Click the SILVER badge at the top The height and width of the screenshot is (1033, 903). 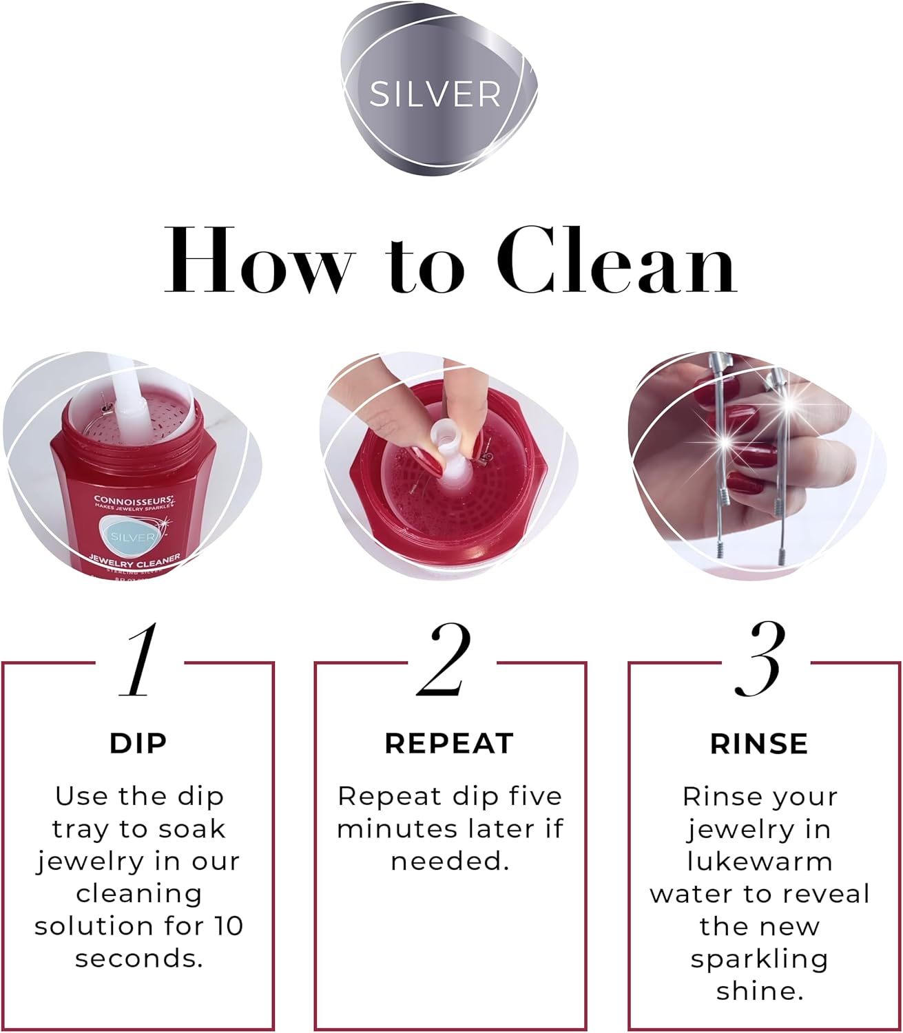pos(435,94)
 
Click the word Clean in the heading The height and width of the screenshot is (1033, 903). pos(616,261)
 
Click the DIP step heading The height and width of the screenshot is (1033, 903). pos(138,744)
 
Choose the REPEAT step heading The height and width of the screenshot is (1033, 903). pos(449,744)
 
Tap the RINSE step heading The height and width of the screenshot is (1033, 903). pos(759,744)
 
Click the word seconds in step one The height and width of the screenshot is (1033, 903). pos(139,959)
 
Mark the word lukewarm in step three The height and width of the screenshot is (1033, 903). pos(760,862)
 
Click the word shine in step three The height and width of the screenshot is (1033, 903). pos(760,991)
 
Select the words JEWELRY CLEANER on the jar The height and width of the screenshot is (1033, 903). pos(135,561)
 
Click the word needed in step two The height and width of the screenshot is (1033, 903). pos(450,862)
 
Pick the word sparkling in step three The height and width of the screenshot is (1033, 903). pos(760,959)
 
